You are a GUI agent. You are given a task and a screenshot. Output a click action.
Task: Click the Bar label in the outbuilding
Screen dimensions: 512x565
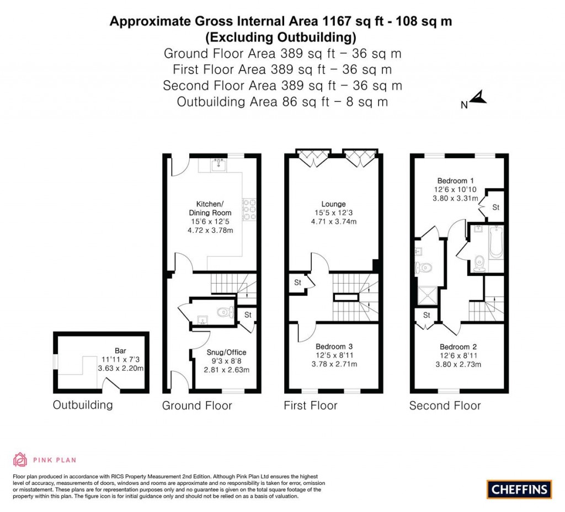click(x=120, y=350)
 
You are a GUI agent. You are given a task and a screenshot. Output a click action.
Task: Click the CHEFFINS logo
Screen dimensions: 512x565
click(x=519, y=489)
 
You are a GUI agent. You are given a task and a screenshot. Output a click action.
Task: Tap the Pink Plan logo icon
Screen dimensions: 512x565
click(x=20, y=460)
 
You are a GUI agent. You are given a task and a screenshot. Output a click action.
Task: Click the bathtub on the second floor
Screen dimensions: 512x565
click(x=496, y=243)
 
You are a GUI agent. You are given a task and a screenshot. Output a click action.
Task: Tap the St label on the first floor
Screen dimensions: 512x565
click(x=297, y=282)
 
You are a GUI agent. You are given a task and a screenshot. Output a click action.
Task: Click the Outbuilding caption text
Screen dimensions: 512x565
click(x=83, y=405)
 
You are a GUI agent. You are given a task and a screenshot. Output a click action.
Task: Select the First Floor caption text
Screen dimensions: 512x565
click(x=310, y=406)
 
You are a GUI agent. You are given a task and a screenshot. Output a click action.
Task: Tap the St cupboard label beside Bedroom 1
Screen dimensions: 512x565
click(x=495, y=208)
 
